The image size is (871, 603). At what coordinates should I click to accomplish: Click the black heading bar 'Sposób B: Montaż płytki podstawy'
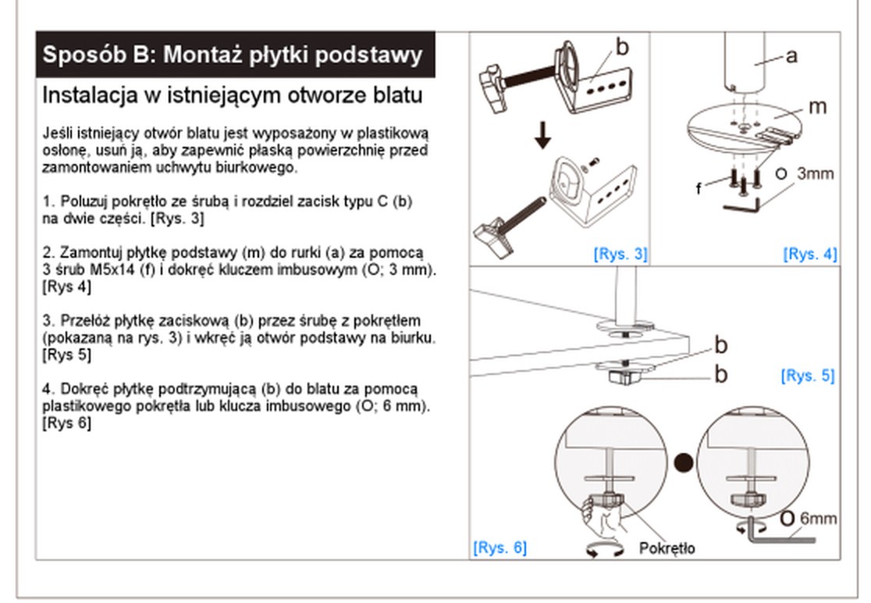pyautogui.click(x=236, y=55)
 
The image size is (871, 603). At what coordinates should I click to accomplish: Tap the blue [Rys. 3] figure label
pyautogui.click(x=620, y=254)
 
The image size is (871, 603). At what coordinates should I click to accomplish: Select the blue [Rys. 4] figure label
pyautogui.click(x=810, y=254)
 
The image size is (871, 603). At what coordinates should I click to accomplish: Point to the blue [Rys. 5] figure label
pyautogui.click(x=808, y=376)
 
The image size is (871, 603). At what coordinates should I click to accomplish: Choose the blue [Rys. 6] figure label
pyautogui.click(x=500, y=548)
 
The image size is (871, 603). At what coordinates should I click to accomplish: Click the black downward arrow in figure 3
pyautogui.click(x=542, y=135)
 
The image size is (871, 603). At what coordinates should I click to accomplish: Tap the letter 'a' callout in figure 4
pyautogui.click(x=791, y=55)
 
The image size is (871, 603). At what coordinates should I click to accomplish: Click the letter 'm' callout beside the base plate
pyautogui.click(x=818, y=106)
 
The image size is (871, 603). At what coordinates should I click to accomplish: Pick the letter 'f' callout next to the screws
pyautogui.click(x=699, y=188)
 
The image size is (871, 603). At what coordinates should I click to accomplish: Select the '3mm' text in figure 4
pyautogui.click(x=816, y=173)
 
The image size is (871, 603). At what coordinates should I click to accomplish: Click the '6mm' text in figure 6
pyautogui.click(x=818, y=518)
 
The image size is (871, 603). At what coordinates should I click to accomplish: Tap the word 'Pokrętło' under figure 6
pyautogui.click(x=667, y=548)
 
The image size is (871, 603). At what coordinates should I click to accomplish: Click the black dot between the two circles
pyautogui.click(x=683, y=462)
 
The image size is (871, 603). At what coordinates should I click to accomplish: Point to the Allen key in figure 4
pyautogui.click(x=741, y=206)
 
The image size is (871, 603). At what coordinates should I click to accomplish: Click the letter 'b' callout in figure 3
pyautogui.click(x=623, y=47)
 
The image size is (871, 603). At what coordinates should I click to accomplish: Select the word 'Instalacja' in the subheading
pyautogui.click(x=91, y=95)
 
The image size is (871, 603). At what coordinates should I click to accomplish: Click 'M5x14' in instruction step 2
pyautogui.click(x=110, y=269)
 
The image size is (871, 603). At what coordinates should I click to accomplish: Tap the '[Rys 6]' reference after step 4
pyautogui.click(x=66, y=423)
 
